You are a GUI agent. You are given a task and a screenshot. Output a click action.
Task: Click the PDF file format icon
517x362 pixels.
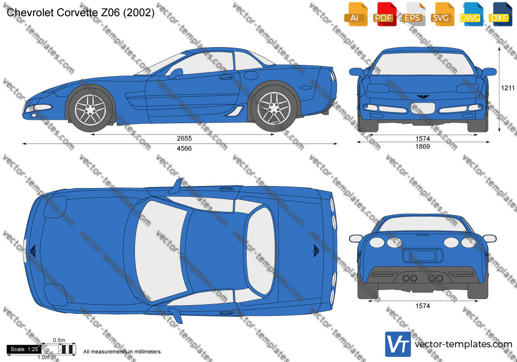[x=384, y=14]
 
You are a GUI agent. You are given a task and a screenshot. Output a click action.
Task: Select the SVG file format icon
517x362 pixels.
[x=441, y=14]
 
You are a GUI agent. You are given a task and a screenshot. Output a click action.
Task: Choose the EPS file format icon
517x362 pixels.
[x=412, y=14]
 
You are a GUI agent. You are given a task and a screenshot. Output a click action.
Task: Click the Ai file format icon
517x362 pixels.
[x=355, y=14]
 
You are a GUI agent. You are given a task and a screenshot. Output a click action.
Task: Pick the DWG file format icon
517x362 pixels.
[x=470, y=14]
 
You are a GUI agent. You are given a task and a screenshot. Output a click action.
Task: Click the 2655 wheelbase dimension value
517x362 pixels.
[x=184, y=139]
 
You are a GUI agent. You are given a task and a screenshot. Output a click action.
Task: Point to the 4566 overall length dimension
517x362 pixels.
[x=184, y=149]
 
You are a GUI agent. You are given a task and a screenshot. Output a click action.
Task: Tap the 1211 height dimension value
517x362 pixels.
[x=508, y=88]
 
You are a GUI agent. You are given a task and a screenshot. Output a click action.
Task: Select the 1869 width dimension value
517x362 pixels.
[x=422, y=147]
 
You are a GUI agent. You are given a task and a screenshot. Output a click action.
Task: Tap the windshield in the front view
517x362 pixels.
[x=423, y=63]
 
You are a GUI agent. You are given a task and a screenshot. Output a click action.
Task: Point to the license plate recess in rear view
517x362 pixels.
[x=422, y=256]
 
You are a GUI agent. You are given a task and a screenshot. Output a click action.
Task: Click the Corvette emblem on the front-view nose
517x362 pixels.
[x=422, y=96]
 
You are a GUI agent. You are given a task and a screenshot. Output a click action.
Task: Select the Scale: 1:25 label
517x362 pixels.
[x=24, y=349]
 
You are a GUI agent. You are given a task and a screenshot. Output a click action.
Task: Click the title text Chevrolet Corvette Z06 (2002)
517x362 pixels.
[x=81, y=13]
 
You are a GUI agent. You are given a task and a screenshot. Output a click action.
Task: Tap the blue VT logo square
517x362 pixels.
[x=398, y=344]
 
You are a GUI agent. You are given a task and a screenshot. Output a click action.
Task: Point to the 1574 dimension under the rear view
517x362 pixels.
[x=422, y=306]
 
